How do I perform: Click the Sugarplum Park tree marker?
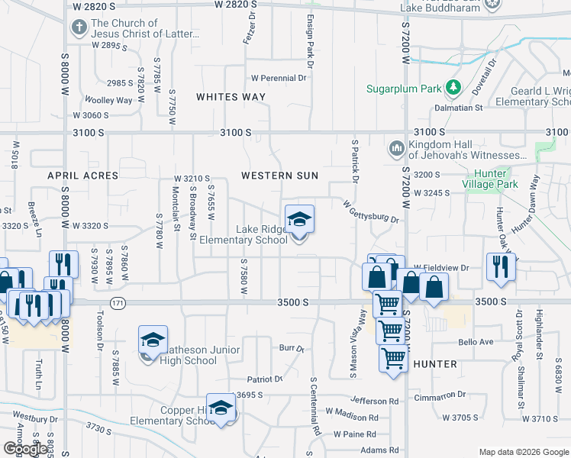click(x=453, y=89)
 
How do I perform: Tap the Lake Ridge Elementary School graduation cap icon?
click(x=299, y=221)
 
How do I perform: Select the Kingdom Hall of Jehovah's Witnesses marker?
click(x=396, y=148)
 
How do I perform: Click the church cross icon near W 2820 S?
click(x=79, y=28)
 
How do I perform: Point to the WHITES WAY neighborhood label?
click(x=231, y=97)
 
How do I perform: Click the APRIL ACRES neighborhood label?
click(x=83, y=176)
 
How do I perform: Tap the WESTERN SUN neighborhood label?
click(x=279, y=176)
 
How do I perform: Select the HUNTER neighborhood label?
click(x=434, y=364)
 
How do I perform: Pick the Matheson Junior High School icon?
click(x=152, y=341)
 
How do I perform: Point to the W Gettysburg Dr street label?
click(x=371, y=213)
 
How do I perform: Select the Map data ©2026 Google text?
click(x=523, y=451)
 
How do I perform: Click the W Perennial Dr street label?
click(x=278, y=78)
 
